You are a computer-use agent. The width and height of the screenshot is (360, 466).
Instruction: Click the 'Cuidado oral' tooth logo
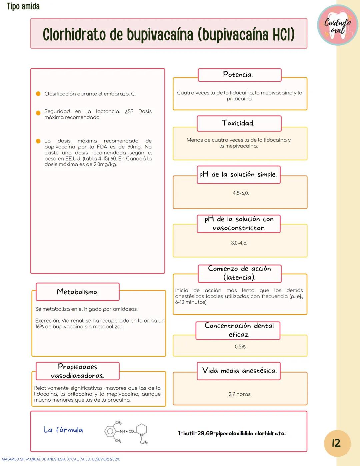click(337, 25)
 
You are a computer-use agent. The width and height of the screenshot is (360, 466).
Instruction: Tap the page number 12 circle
click(337, 443)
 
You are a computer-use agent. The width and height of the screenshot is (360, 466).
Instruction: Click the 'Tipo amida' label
click(23, 6)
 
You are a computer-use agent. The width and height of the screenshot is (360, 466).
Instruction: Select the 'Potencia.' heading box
click(239, 75)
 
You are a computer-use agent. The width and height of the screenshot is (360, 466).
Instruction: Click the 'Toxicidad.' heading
click(239, 123)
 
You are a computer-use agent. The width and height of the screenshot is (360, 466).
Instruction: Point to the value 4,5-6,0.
click(240, 193)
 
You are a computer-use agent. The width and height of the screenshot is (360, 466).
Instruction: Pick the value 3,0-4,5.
click(239, 243)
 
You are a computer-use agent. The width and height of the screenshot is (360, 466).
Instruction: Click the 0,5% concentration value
click(240, 347)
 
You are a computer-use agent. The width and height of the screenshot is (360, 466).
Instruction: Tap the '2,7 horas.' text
click(240, 394)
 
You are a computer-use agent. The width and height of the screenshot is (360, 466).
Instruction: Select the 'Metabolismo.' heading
click(77, 292)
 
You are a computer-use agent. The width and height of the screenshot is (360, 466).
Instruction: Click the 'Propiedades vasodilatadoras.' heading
click(77, 371)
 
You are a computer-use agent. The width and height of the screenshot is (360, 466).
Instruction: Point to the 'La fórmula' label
click(63, 430)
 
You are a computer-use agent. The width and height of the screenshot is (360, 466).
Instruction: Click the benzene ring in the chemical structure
click(110, 431)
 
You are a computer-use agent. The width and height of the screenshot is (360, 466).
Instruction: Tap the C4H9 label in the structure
click(144, 442)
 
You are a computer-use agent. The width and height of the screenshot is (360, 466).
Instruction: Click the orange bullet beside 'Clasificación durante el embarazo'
click(38, 94)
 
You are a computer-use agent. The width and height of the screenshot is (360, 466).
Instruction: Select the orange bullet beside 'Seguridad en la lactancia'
click(38, 113)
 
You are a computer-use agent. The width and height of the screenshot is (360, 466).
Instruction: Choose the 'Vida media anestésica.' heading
click(239, 371)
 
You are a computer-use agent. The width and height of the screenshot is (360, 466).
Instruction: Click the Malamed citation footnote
click(61, 459)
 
